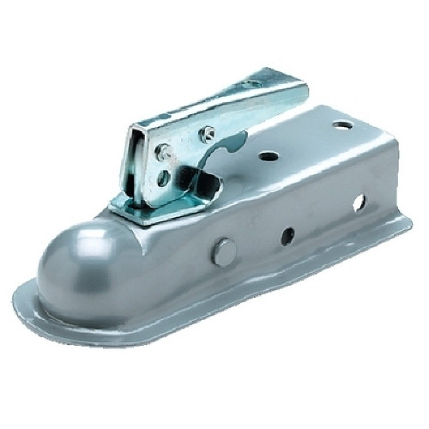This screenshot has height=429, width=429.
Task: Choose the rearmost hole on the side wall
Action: (358, 202)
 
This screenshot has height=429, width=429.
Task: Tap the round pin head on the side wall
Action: (224, 252)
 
